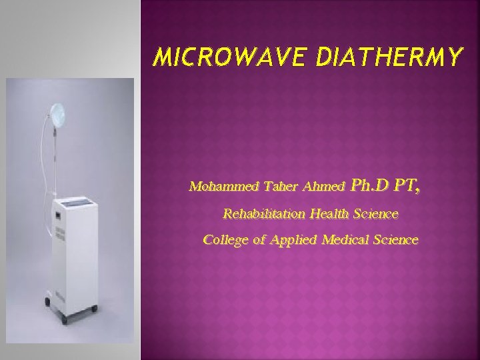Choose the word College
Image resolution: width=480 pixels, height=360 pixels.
point(225,239)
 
